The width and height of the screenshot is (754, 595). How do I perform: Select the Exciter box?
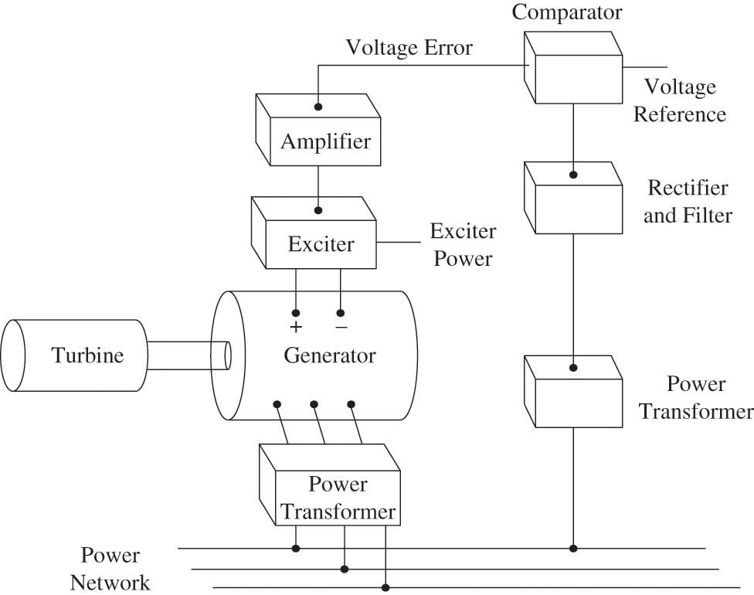click(x=321, y=244)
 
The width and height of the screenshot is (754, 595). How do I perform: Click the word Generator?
click(x=329, y=355)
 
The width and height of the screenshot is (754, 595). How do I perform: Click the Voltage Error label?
click(x=409, y=48)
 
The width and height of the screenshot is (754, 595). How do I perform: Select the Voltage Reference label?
click(x=679, y=100)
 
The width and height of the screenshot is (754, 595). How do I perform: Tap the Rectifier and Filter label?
click(x=687, y=201)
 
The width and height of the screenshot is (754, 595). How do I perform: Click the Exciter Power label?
click(x=462, y=245)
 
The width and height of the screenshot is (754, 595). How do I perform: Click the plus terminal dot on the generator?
click(x=295, y=313)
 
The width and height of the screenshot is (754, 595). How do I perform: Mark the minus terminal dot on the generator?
click(x=341, y=313)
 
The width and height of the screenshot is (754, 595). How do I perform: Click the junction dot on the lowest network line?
click(x=384, y=587)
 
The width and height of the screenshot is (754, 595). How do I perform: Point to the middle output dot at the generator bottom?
click(x=314, y=403)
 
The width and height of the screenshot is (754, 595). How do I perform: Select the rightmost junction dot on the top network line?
click(x=573, y=549)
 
